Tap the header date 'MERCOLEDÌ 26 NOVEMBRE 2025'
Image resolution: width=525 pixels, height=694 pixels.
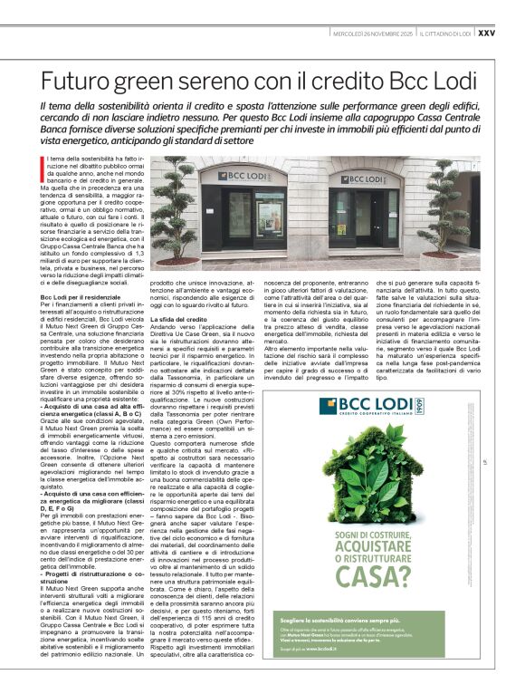pos(373,33)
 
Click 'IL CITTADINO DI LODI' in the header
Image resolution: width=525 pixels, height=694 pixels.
pos(444,33)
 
